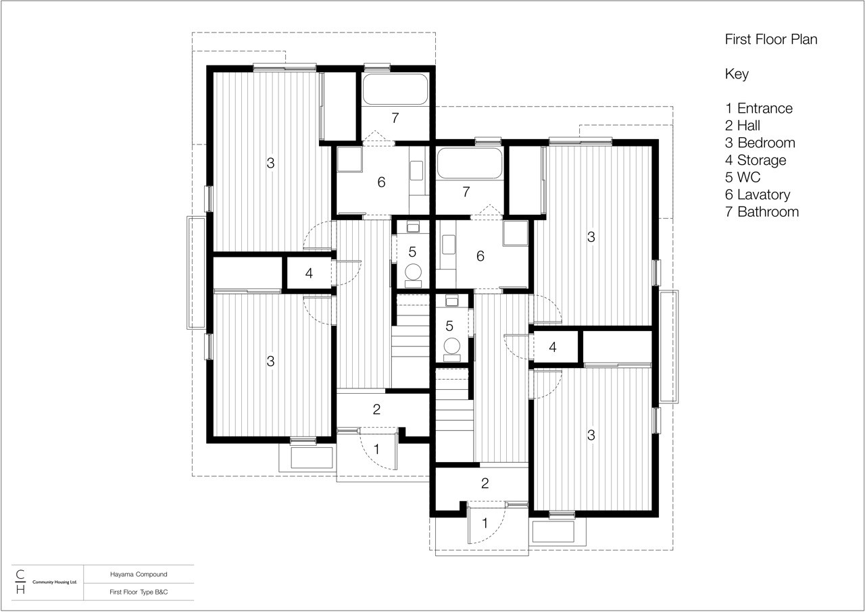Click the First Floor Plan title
pos(771,39)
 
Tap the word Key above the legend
pos(737,74)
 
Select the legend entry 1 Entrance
pos(759,108)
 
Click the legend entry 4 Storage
pos(756,160)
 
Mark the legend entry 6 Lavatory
pos(758,195)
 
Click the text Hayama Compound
pos(139,574)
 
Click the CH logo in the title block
pos(20,582)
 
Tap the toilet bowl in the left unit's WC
pos(413,272)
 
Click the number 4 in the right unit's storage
pos(553,347)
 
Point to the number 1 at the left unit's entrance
pos(376,448)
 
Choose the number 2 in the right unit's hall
pos(485,483)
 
